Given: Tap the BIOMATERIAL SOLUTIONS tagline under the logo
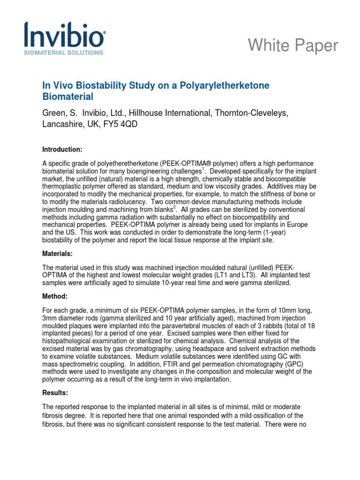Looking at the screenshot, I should pos(64,53).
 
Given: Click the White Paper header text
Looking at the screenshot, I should pos(293,45).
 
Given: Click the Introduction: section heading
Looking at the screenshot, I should pos(62,150).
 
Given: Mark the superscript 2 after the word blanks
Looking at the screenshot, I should pos(163,207).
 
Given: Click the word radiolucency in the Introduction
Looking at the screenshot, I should pos(117,194).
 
